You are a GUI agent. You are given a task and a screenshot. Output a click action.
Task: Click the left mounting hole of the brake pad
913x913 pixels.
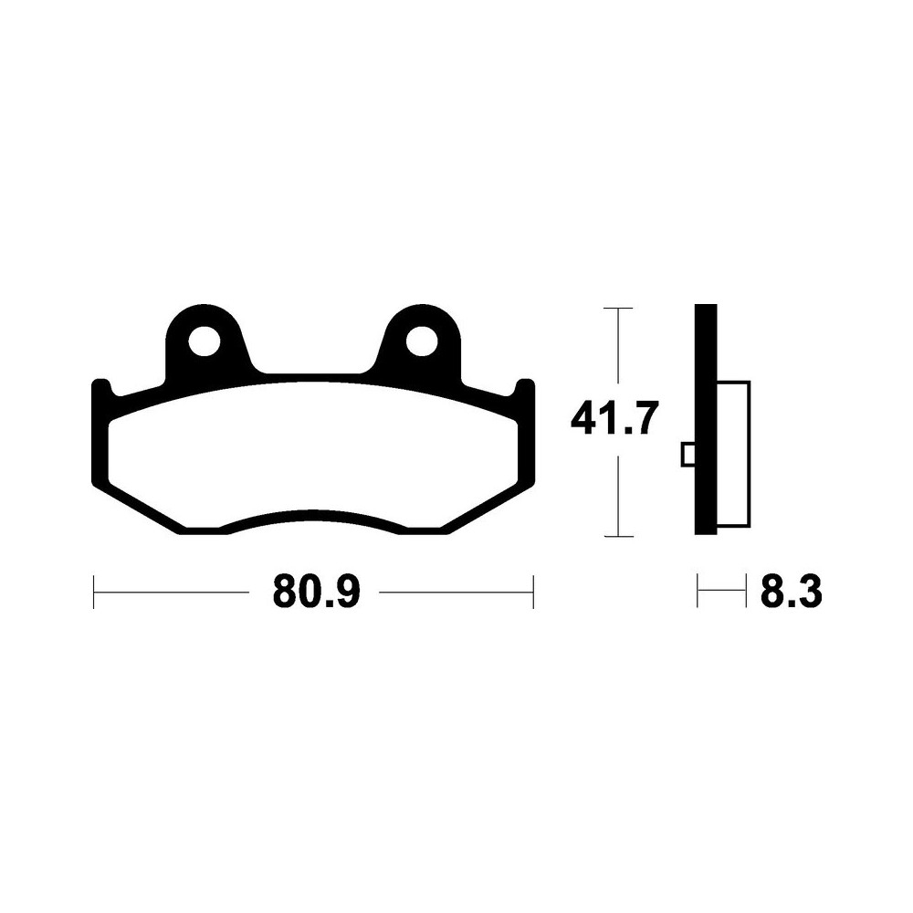(x=205, y=341)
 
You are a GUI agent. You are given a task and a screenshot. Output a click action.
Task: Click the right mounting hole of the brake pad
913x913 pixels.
(x=422, y=341)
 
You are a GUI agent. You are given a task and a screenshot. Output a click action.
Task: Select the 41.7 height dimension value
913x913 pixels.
(x=614, y=417)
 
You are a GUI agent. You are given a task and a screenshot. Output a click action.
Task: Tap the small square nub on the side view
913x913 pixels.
(x=687, y=455)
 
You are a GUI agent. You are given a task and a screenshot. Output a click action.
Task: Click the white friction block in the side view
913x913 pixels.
(x=734, y=454)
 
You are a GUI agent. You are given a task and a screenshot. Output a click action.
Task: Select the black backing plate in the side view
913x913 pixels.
(x=706, y=419)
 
